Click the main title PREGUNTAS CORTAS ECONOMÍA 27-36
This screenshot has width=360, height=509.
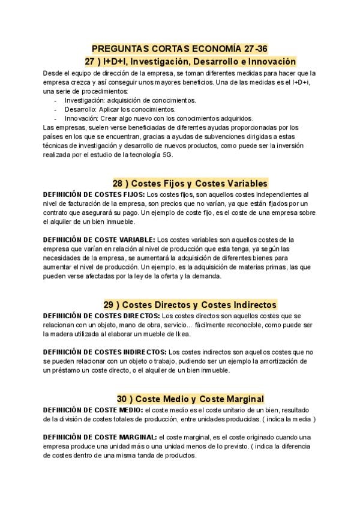pos(179,49)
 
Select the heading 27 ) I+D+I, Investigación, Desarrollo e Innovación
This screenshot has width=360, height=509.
pos(191,62)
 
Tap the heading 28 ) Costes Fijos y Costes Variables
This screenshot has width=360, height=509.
pos(190,183)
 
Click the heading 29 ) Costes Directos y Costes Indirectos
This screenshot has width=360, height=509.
pos(190,304)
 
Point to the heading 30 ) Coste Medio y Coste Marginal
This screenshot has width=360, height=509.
pos(190,399)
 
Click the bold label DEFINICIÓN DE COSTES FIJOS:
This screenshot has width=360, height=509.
pos(94,194)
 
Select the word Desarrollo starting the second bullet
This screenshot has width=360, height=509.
pos(78,109)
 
